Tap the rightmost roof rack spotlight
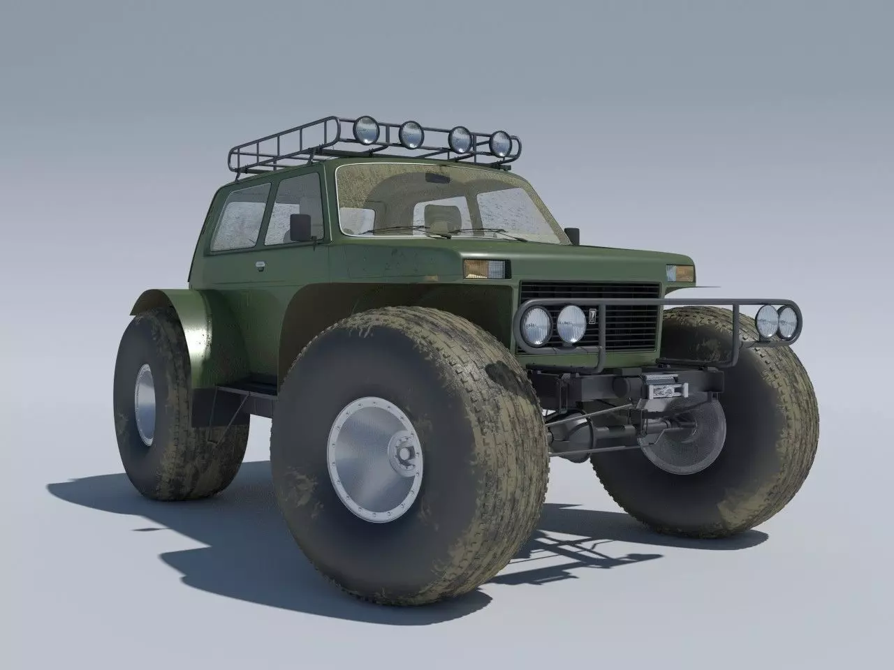click(x=500, y=142)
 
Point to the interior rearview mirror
click(x=439, y=179)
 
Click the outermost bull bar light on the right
click(x=788, y=322)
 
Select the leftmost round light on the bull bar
click(x=536, y=325)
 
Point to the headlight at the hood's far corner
click(x=680, y=272)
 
